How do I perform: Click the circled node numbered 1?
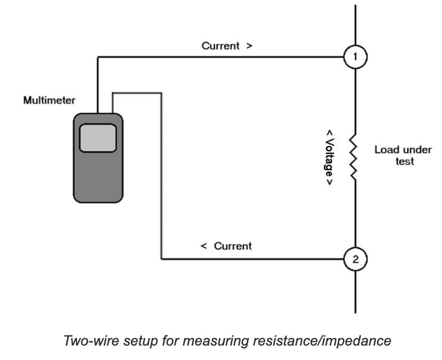[355, 57]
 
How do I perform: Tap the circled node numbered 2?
[355, 259]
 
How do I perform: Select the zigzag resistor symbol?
[353, 157]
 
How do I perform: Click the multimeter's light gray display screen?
[98, 138]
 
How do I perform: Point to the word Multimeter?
[49, 100]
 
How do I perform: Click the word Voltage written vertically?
[329, 158]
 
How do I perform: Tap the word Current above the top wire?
[220, 46]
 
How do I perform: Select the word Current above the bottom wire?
[233, 246]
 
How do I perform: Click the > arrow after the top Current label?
[249, 46]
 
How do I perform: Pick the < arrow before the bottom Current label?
[203, 246]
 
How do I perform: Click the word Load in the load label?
[385, 150]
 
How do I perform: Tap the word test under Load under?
[405, 161]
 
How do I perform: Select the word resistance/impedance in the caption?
[322, 341]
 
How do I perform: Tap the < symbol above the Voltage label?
[329, 133]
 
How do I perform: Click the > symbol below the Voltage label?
[329, 182]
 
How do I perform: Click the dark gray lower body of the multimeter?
[98, 178]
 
